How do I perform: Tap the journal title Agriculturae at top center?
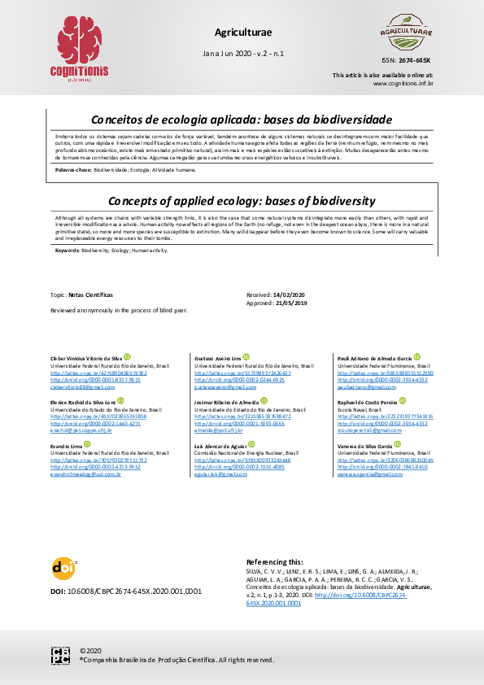pos(242,32)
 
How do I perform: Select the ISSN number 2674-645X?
pos(417,61)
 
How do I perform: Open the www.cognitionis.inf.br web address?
pos(403,83)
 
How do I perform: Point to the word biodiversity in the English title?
pos(341,199)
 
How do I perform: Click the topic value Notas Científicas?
pos(90,295)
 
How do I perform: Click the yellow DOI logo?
pos(63,568)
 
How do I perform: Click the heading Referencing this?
pos(274,562)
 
